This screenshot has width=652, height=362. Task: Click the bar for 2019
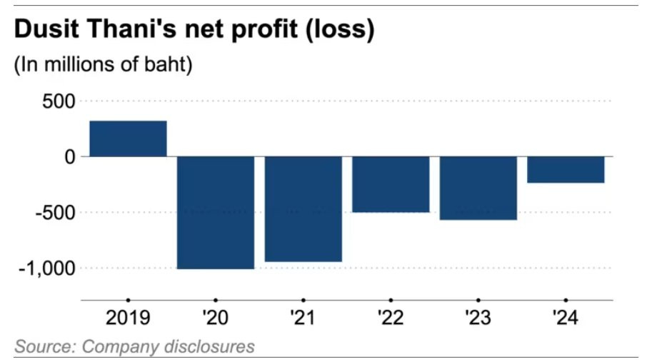[128, 139]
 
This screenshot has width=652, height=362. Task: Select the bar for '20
[216, 212]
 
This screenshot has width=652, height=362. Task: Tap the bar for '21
[303, 208]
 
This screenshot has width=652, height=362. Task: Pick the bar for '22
[391, 184]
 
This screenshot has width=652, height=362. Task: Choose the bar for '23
[478, 188]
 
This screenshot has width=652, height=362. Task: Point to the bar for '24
[566, 170]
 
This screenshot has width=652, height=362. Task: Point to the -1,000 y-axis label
[46, 268]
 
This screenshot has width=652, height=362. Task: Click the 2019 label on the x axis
[128, 317]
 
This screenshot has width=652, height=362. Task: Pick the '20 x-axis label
[216, 317]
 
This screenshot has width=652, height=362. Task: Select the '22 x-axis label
[391, 317]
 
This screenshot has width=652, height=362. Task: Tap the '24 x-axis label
[566, 317]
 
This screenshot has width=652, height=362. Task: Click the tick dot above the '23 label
[478, 300]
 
